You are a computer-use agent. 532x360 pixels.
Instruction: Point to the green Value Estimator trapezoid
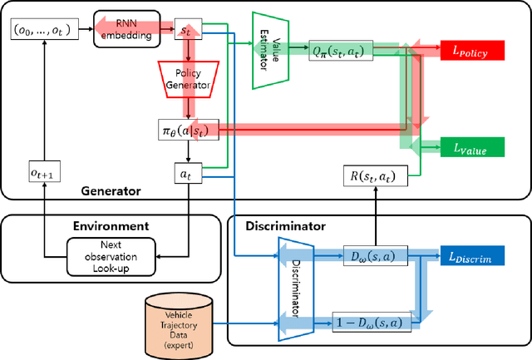click(269, 50)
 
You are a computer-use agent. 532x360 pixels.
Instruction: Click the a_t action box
click(186, 176)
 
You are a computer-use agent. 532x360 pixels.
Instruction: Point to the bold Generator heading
click(111, 190)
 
